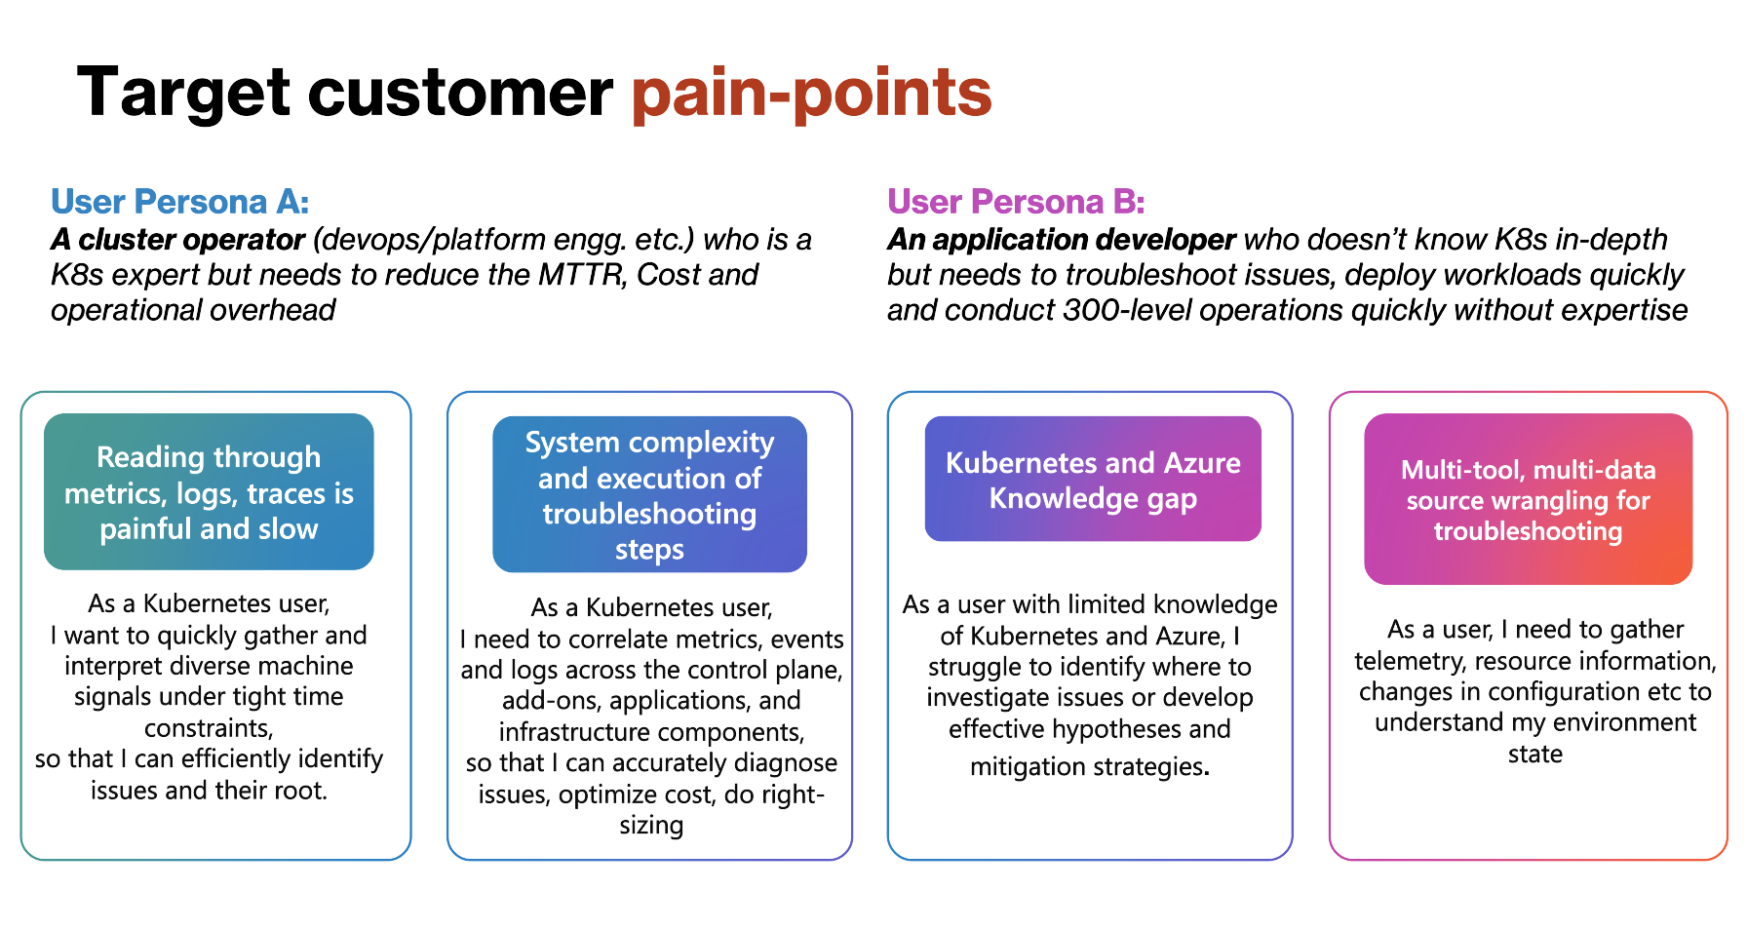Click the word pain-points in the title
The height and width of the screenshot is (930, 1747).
pos(811,94)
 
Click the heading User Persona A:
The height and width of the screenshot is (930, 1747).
pos(179,202)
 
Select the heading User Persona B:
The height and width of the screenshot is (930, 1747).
pos(1015,202)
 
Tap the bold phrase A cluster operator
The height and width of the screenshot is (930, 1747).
pos(178,240)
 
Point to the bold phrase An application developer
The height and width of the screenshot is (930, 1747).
pos(1061,240)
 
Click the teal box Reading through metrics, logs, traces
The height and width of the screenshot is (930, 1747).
pos(209,492)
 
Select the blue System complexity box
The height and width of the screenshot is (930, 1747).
pos(649,494)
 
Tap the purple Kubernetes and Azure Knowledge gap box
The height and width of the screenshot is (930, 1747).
pos(1093,480)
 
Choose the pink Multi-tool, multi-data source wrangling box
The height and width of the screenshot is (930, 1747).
pos(1528,499)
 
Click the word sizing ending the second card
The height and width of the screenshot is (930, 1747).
pos(651,826)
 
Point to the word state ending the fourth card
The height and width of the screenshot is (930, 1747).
pos(1534,755)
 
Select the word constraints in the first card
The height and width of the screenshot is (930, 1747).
pos(209,728)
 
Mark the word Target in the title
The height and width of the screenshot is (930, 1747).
pos(182,94)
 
